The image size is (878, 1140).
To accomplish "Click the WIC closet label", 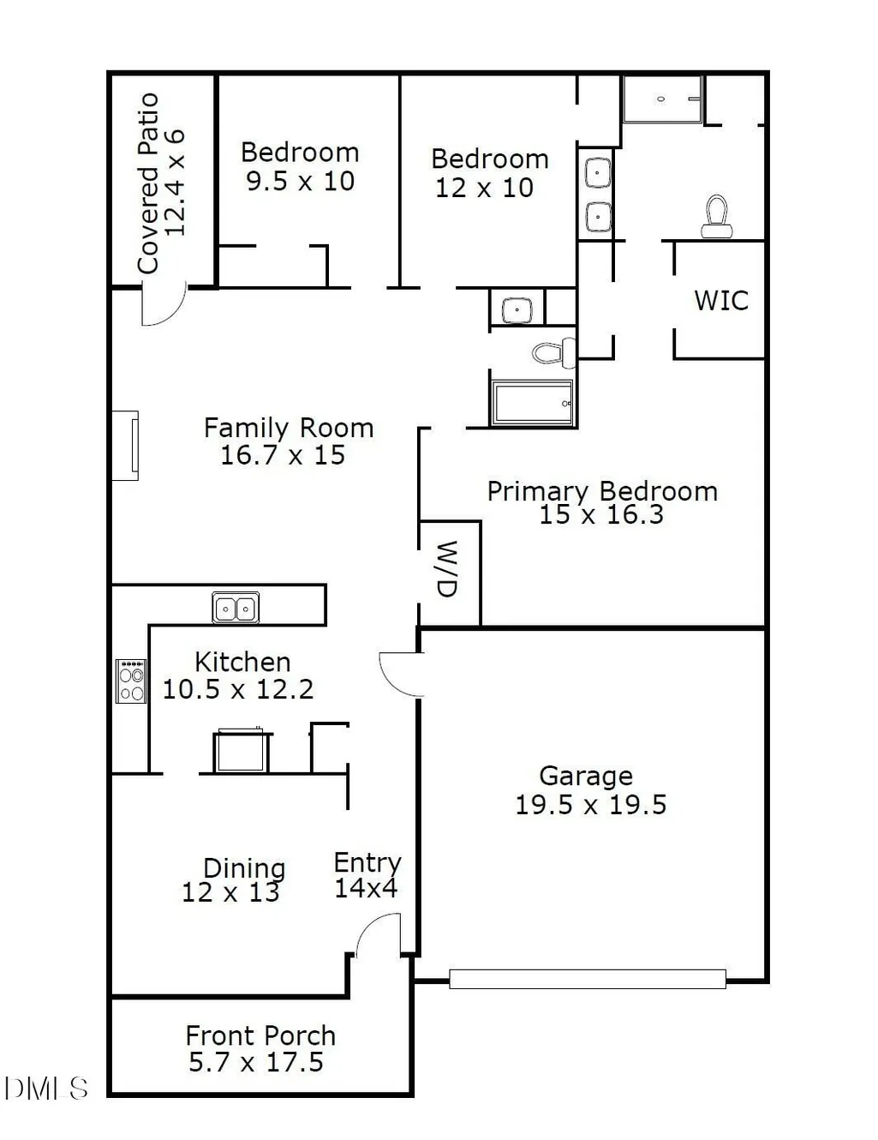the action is click(x=721, y=301).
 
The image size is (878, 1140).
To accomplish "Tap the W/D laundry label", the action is click(x=447, y=568).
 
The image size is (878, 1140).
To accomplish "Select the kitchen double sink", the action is click(x=236, y=608).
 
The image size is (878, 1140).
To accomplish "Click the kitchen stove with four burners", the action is click(x=131, y=681).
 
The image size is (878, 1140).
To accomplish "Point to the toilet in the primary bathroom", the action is click(x=717, y=217).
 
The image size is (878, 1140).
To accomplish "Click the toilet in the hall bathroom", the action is click(x=553, y=352).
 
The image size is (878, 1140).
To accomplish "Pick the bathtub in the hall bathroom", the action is click(x=533, y=403).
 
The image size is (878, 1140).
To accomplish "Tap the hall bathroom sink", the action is click(x=517, y=310).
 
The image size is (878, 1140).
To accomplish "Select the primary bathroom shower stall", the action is click(x=662, y=99).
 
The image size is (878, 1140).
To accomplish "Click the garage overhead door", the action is click(x=587, y=979).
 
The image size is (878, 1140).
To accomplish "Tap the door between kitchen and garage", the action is click(x=402, y=675).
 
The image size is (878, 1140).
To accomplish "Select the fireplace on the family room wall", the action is click(x=125, y=446).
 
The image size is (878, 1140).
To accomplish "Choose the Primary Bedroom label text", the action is click(x=602, y=491).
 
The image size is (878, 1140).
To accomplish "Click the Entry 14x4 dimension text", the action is click(x=366, y=888).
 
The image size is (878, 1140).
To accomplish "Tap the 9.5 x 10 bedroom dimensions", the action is click(x=301, y=181).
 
